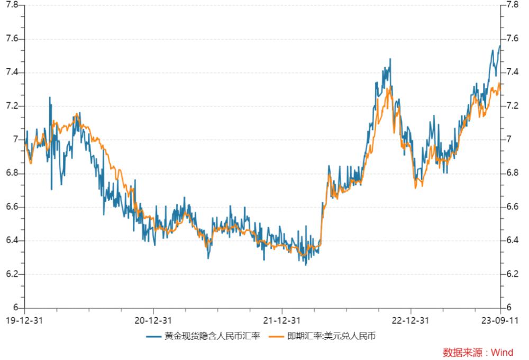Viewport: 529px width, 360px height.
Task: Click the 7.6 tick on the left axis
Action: (x=12, y=39)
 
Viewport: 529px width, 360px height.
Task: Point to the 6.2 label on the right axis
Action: (x=512, y=274)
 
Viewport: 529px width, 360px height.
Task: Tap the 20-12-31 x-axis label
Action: (x=153, y=320)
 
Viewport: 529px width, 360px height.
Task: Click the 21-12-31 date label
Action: (x=282, y=320)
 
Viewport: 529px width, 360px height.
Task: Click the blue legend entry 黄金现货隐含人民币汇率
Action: (x=204, y=336)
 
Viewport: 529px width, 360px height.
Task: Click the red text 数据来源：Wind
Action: (x=478, y=353)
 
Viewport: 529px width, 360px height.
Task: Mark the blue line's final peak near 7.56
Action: (x=499, y=46)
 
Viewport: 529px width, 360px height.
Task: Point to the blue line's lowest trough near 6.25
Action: (x=306, y=265)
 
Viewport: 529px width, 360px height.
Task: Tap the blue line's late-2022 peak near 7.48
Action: (x=390, y=59)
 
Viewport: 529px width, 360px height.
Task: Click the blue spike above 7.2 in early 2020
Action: (x=50, y=97)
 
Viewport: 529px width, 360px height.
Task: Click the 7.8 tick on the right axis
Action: (x=512, y=5)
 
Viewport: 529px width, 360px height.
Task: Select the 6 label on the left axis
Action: (x=16, y=308)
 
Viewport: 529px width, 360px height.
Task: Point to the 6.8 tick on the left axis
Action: (x=12, y=173)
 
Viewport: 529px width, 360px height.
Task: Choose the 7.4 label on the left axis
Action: (x=12, y=73)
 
